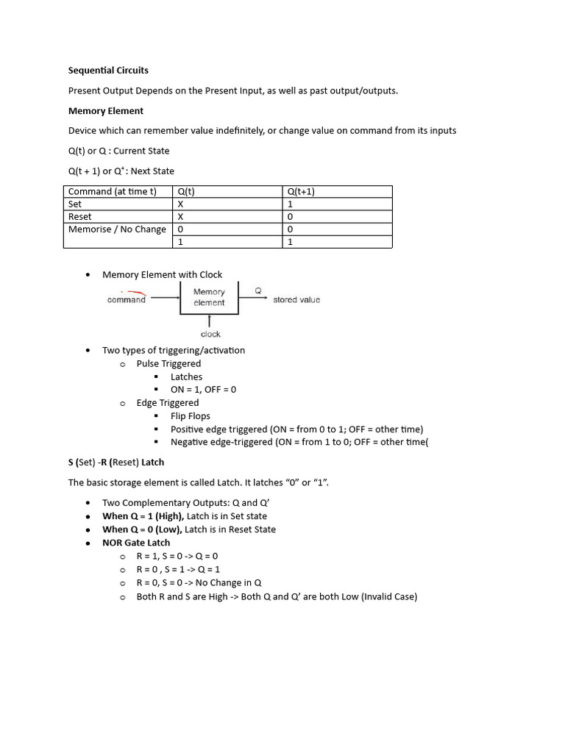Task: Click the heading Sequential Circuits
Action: (x=108, y=71)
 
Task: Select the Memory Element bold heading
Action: (x=106, y=111)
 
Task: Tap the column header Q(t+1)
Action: (x=301, y=191)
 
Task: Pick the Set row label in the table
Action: (x=75, y=204)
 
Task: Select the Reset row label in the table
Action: (x=80, y=217)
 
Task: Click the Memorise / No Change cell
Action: (x=117, y=229)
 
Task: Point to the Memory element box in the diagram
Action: (x=209, y=298)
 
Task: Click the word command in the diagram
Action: (x=127, y=300)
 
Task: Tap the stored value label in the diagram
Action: (x=296, y=300)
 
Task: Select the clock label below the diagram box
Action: (x=210, y=334)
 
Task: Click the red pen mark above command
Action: (x=133, y=293)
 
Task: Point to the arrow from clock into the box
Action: (x=210, y=321)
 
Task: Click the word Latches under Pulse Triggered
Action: (x=186, y=376)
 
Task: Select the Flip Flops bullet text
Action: (x=191, y=416)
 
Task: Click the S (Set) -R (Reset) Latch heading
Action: (x=116, y=463)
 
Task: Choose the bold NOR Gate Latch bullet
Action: (x=136, y=543)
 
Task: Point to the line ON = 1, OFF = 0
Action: (x=203, y=390)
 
